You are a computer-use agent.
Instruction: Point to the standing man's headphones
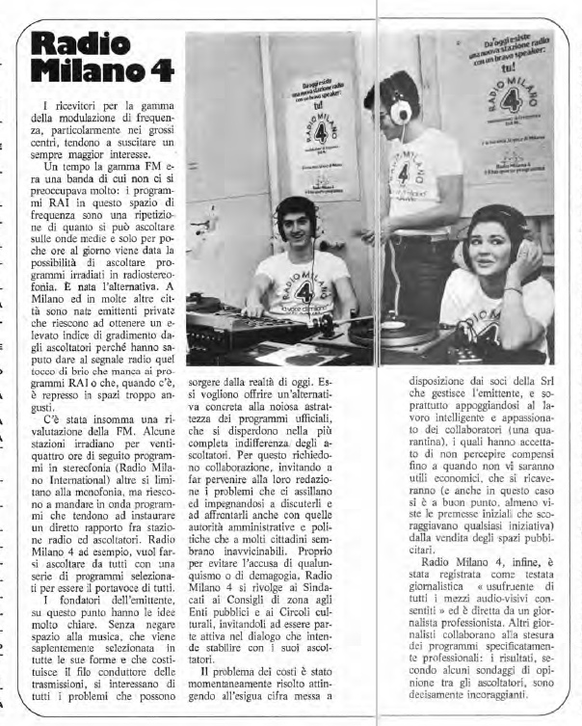[x=398, y=106]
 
